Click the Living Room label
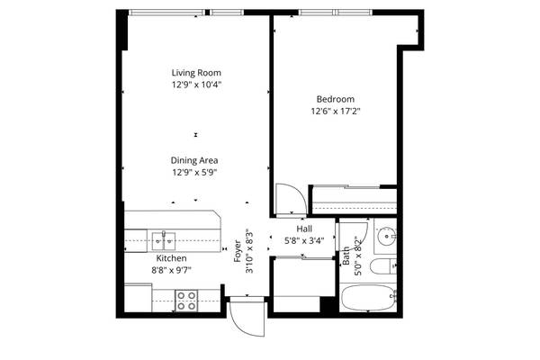point(196,72)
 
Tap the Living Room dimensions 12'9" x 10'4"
point(196,84)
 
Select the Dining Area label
point(195,160)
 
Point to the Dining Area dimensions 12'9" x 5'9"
point(195,172)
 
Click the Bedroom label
point(335,99)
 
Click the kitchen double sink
point(163,240)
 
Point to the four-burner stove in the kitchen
point(186,301)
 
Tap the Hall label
point(304,229)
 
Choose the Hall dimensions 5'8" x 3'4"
point(304,240)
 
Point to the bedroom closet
point(353,197)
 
